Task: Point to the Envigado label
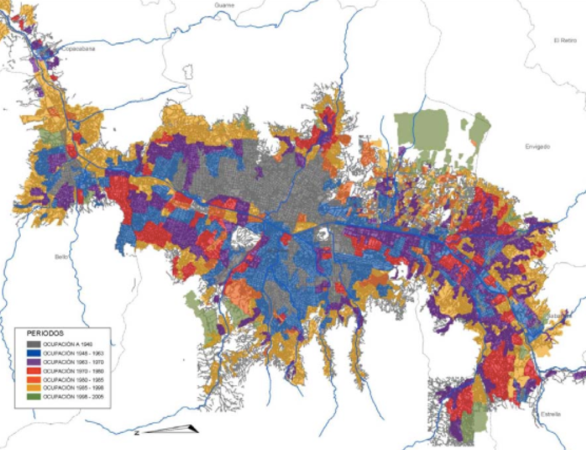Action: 537,147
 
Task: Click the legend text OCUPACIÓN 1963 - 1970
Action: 67,362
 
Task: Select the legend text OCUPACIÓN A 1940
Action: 64,344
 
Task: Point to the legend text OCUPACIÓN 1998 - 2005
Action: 67,396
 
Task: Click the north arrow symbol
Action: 172,429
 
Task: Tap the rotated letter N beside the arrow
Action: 136,433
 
